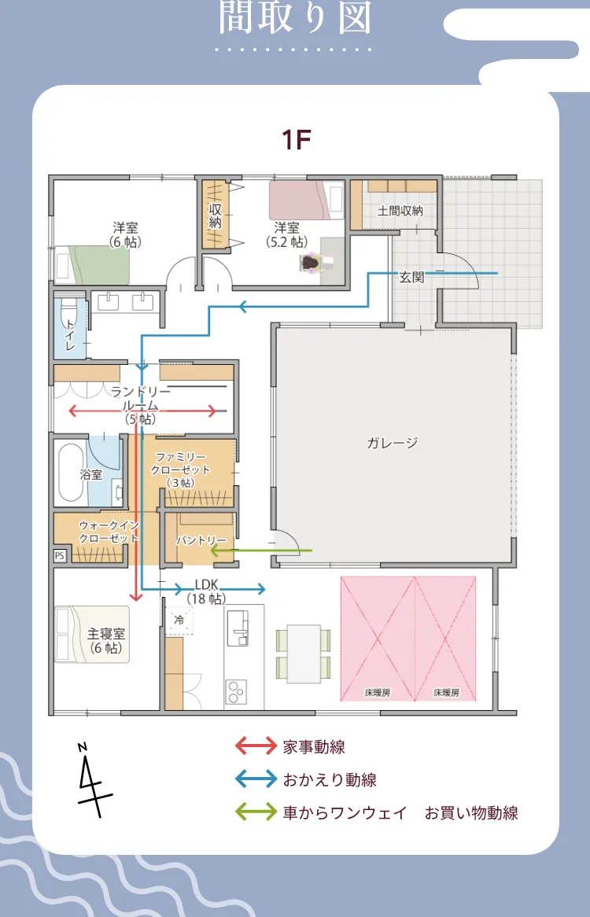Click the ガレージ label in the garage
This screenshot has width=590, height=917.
click(392, 443)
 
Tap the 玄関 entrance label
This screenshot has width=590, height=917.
click(411, 277)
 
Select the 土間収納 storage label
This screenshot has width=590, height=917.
click(400, 211)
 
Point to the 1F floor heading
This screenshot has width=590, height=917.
click(297, 140)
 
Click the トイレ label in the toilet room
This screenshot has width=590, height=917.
click(71, 335)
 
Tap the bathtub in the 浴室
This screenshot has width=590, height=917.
click(71, 473)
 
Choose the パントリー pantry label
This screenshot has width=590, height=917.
click(201, 541)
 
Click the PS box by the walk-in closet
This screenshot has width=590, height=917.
click(59, 555)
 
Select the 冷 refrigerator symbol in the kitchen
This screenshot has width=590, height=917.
click(179, 620)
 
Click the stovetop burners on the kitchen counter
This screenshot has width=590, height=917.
click(236, 693)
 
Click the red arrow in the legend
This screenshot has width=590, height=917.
click(256, 746)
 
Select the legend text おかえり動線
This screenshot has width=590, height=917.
click(330, 780)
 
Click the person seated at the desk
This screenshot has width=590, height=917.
click(312, 263)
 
